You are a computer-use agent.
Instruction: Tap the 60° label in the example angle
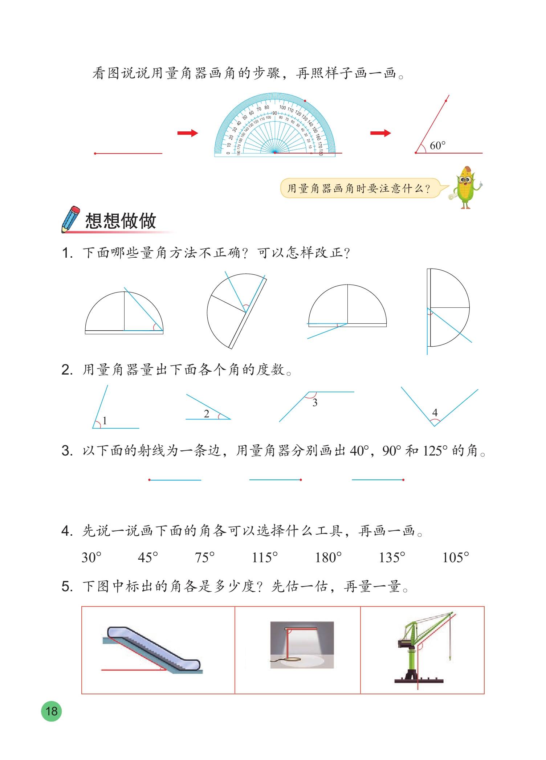tap(437, 146)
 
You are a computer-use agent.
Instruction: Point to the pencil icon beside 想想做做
tap(71, 219)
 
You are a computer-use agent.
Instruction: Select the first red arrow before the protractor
tap(187, 133)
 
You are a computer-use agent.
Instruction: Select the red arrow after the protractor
tap(380, 133)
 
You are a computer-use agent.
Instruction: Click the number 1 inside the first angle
tap(105, 421)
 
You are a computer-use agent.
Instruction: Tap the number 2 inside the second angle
tap(207, 414)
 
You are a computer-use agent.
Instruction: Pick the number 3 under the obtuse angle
tap(315, 403)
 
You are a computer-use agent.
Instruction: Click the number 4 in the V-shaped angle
tap(435, 412)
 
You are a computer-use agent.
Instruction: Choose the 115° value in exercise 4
tap(265, 557)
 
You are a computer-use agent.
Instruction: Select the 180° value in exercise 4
tap(328, 557)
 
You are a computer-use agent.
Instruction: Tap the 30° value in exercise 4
tap(91, 557)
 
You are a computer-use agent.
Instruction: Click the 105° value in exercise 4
tap(456, 557)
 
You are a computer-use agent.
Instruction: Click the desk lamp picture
tap(302, 645)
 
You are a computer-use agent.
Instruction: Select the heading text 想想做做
tap(121, 221)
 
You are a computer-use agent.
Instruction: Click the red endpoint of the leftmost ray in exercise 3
tap(150, 480)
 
